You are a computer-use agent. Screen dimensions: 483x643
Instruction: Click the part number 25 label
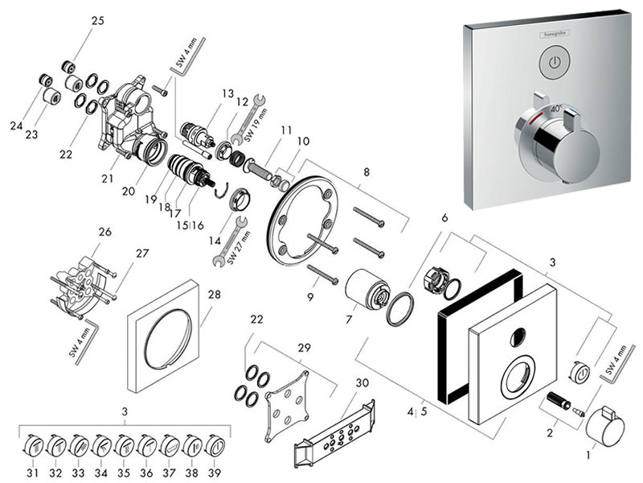coord(97,21)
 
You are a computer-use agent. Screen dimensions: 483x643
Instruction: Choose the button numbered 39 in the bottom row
coord(216,444)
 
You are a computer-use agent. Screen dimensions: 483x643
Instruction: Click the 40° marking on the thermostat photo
coord(555,107)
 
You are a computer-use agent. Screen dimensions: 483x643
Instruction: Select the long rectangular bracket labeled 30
coord(338,426)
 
